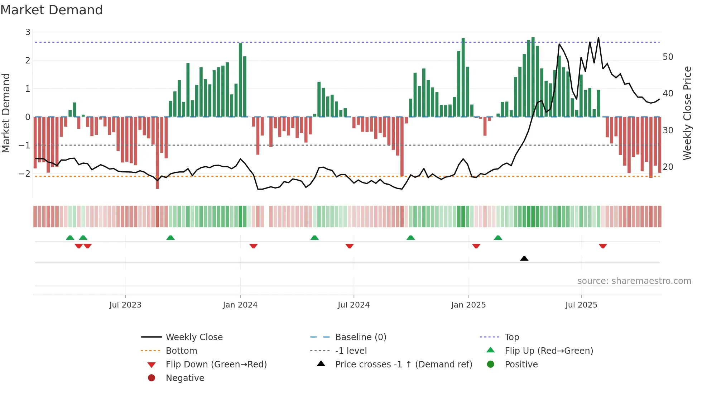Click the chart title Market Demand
[52, 10]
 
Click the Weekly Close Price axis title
[687, 113]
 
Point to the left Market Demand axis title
[6, 113]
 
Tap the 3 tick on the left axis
[28, 32]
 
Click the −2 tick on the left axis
[25, 173]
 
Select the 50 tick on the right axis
[668, 57]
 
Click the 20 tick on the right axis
[668, 167]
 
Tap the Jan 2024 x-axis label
[240, 305]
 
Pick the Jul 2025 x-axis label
[581, 305]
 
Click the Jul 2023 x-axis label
[125, 305]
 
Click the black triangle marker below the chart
[524, 258]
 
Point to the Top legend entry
[511, 337]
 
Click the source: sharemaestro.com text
[634, 281]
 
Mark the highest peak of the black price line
[598, 38]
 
